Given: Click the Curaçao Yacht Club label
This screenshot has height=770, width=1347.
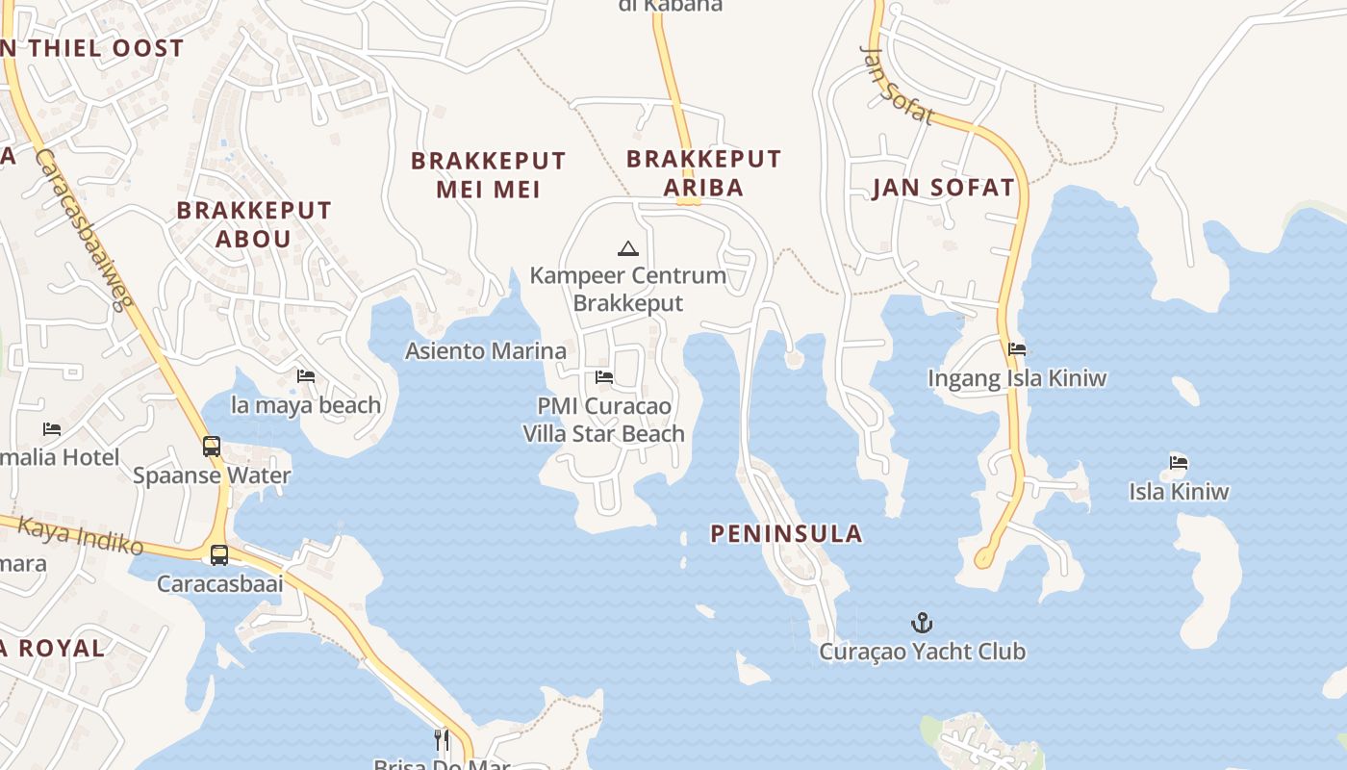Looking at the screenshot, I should pos(922,652).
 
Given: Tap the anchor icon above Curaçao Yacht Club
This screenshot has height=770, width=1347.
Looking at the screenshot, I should pos(922,623).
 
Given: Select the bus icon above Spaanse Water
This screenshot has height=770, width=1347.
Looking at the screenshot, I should pos(212,447).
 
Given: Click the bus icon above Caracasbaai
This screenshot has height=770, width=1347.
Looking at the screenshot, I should pos(219,555).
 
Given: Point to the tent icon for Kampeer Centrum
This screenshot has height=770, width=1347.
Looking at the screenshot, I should pos(628,248).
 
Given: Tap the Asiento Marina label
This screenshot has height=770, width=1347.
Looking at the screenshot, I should pos(485,350).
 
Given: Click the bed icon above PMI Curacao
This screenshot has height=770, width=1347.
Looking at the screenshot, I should pos(604,376).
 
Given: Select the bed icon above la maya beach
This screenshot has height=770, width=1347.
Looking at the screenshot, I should pos(306,375).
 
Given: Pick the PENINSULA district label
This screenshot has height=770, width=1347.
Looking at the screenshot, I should pos(786,533).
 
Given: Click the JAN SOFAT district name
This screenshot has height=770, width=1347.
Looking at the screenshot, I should pos(943,188).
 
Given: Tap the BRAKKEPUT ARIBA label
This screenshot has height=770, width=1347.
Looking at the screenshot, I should pos(703,172).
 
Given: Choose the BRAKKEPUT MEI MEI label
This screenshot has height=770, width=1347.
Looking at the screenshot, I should pos(488,174).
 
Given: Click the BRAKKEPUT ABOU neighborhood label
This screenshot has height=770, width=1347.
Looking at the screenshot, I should pos(254,223).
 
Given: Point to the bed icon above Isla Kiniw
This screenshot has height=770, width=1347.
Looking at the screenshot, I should pos(1179,462).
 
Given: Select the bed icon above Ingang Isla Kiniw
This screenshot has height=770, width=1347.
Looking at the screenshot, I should pos(1017,348).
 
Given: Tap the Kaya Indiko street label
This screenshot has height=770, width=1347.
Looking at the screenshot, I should pos(81,535).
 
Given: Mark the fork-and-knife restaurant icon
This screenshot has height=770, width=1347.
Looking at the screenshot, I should pos(442,739).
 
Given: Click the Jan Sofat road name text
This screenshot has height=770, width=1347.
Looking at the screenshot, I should pos(896,85).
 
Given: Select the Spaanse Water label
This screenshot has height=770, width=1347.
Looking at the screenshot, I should pos(212,475).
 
